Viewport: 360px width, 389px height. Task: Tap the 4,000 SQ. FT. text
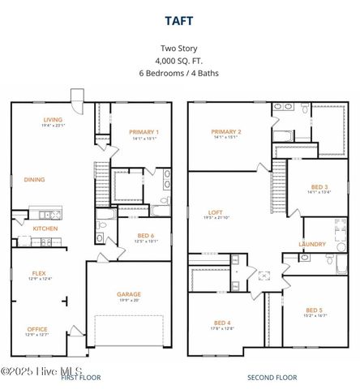tap(179, 61)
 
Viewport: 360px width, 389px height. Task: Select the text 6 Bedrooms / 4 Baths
tap(179, 73)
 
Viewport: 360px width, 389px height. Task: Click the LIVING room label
tap(53, 121)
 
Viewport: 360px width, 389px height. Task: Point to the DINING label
tap(34, 180)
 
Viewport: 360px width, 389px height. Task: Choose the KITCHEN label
tap(45, 229)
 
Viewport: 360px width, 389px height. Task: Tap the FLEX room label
tap(39, 273)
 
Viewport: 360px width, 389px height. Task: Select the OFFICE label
tap(36, 329)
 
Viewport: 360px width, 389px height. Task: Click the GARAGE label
tap(128, 294)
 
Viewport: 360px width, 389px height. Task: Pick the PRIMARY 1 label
tap(145, 131)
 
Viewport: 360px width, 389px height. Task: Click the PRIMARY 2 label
tap(225, 131)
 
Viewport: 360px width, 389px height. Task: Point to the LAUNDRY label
tap(312, 244)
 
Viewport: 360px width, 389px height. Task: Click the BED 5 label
tap(315, 310)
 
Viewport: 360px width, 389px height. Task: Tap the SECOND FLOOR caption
tap(272, 378)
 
